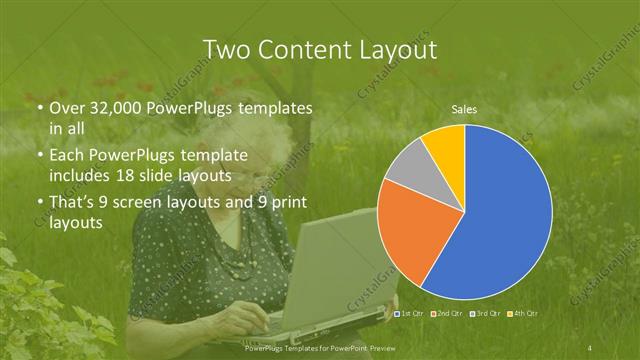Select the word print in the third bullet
[284, 203]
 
